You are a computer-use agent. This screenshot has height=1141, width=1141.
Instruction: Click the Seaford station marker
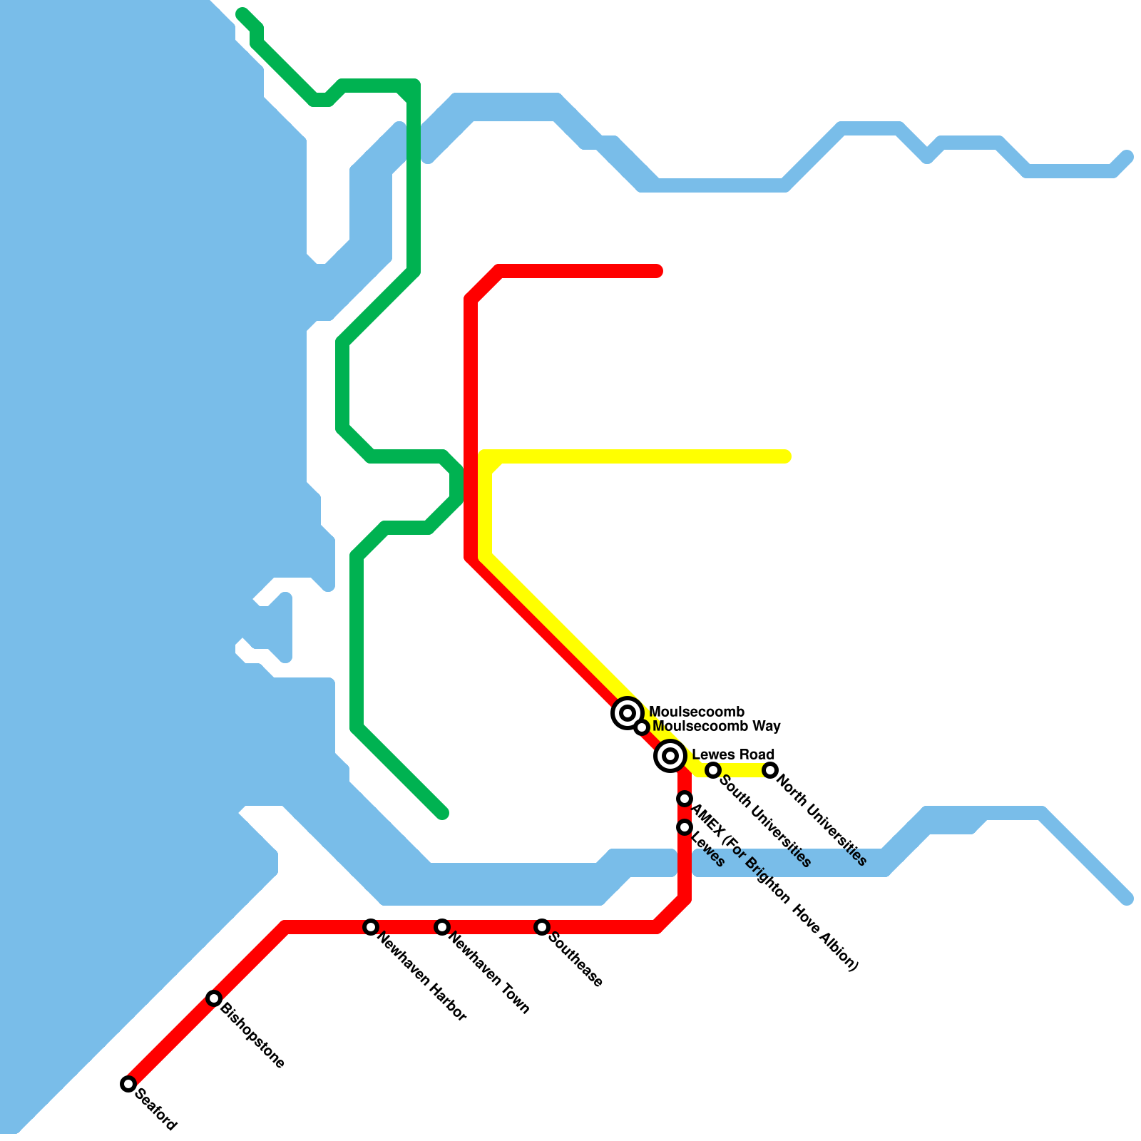pyautogui.click(x=128, y=1084)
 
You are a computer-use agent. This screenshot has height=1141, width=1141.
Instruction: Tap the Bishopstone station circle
pyautogui.click(x=214, y=998)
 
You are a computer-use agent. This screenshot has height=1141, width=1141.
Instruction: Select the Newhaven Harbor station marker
pyautogui.click(x=371, y=927)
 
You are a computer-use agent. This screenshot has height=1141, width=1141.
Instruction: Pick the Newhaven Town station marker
pyautogui.click(x=442, y=927)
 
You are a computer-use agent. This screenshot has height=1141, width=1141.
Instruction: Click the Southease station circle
pyautogui.click(x=542, y=927)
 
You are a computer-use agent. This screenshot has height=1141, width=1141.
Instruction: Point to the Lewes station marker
pyautogui.click(x=685, y=827)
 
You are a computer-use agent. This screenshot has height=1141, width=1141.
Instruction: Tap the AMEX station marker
pyautogui.click(x=685, y=799)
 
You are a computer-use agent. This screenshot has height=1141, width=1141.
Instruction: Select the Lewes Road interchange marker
pyautogui.click(x=670, y=755)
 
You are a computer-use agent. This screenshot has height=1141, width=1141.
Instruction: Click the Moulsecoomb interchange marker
pyautogui.click(x=628, y=712)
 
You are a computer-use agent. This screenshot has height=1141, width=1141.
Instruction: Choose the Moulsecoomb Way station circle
pyautogui.click(x=642, y=727)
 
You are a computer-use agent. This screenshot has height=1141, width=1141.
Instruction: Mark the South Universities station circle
pyautogui.click(x=713, y=770)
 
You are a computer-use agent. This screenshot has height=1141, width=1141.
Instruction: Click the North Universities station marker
pyautogui.click(x=770, y=770)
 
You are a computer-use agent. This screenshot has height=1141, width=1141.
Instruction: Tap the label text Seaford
pyautogui.click(x=155, y=1109)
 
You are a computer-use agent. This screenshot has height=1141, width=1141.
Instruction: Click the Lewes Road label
pyautogui.click(x=733, y=754)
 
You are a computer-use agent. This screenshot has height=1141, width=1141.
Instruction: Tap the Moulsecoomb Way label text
pyautogui.click(x=717, y=727)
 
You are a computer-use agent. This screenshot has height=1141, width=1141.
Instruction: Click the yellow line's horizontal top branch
pyautogui.click(x=642, y=456)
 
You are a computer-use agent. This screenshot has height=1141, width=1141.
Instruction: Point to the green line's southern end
pyautogui.click(x=442, y=813)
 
